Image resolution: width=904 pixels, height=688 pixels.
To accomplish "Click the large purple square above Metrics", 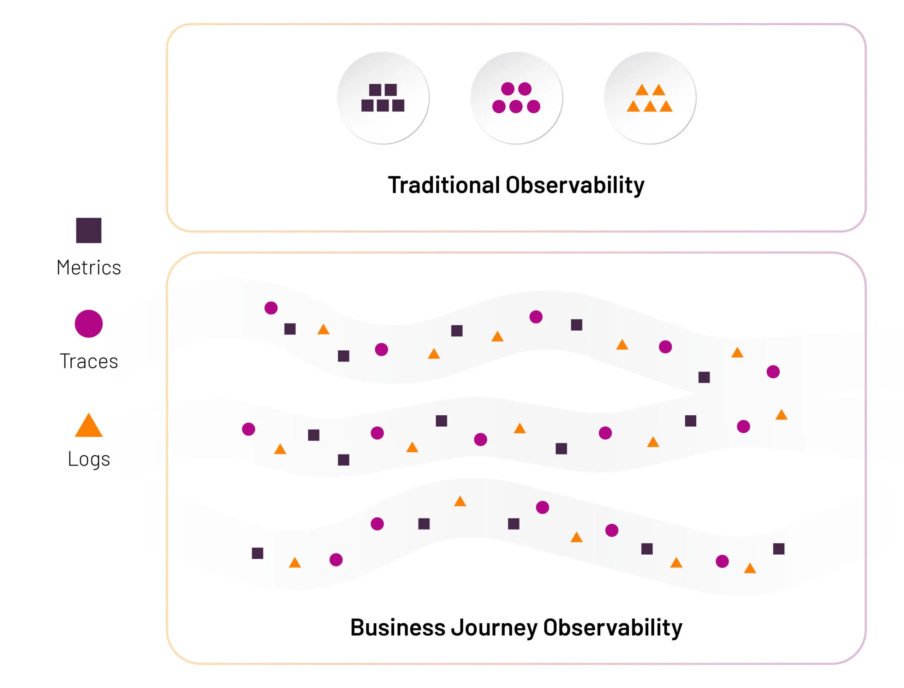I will pyautogui.click(x=88, y=230).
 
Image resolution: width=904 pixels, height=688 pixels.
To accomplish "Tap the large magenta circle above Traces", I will pyautogui.click(x=88, y=324).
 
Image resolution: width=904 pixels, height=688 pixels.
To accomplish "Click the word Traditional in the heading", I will pyautogui.click(x=444, y=185).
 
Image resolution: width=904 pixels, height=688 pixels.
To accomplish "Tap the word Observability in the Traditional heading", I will pyautogui.click(x=575, y=185).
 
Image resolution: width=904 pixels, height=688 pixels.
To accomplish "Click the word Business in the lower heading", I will pyautogui.click(x=398, y=627).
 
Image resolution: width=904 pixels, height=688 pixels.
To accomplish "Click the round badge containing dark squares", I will pyautogui.click(x=383, y=98).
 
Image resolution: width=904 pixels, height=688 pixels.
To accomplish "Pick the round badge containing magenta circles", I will pyautogui.click(x=516, y=98).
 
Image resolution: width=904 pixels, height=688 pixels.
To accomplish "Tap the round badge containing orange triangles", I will pyautogui.click(x=649, y=98).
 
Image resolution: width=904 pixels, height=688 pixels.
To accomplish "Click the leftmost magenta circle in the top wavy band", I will pyautogui.click(x=271, y=308).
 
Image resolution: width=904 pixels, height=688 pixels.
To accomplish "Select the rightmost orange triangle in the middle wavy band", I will pyautogui.click(x=781, y=415).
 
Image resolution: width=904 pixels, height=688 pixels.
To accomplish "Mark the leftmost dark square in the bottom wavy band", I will pyautogui.click(x=257, y=553).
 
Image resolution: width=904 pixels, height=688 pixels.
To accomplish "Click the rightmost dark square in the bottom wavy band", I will pyautogui.click(x=778, y=549).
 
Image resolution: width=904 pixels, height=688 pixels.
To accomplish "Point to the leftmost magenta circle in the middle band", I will pyautogui.click(x=249, y=429).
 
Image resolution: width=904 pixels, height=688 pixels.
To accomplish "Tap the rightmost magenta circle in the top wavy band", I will pyautogui.click(x=773, y=372).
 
